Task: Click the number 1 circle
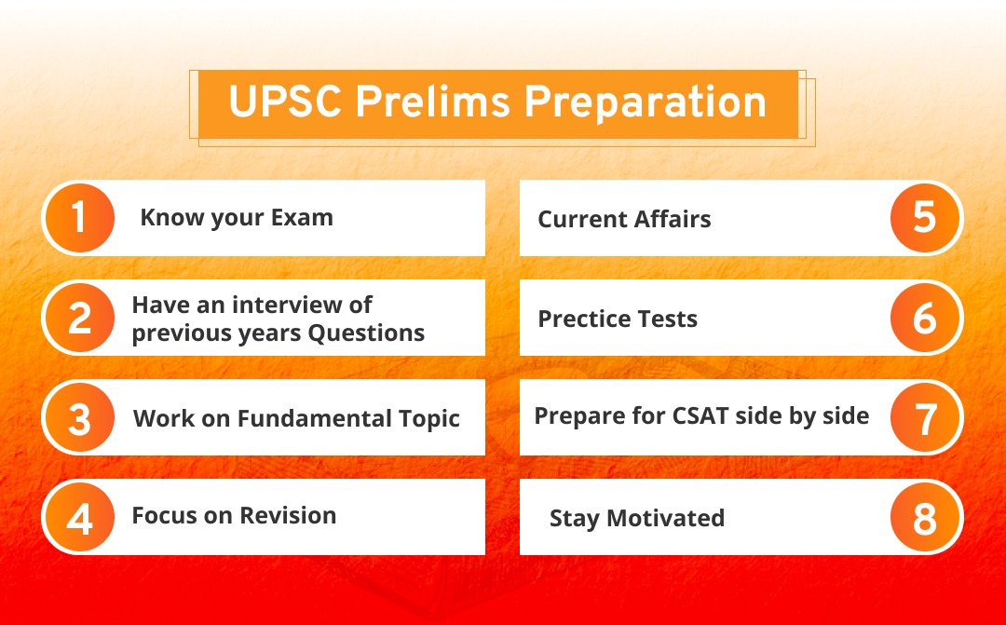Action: coord(79,219)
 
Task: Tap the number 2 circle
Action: coord(79,319)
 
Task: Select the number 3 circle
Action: coord(79,418)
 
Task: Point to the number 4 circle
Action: coord(79,518)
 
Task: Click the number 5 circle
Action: coord(925,219)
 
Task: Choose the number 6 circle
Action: coord(925,319)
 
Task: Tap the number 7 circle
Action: coord(925,418)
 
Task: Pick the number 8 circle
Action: coord(925,518)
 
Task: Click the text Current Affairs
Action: coord(624,220)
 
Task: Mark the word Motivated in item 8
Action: coord(665,518)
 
